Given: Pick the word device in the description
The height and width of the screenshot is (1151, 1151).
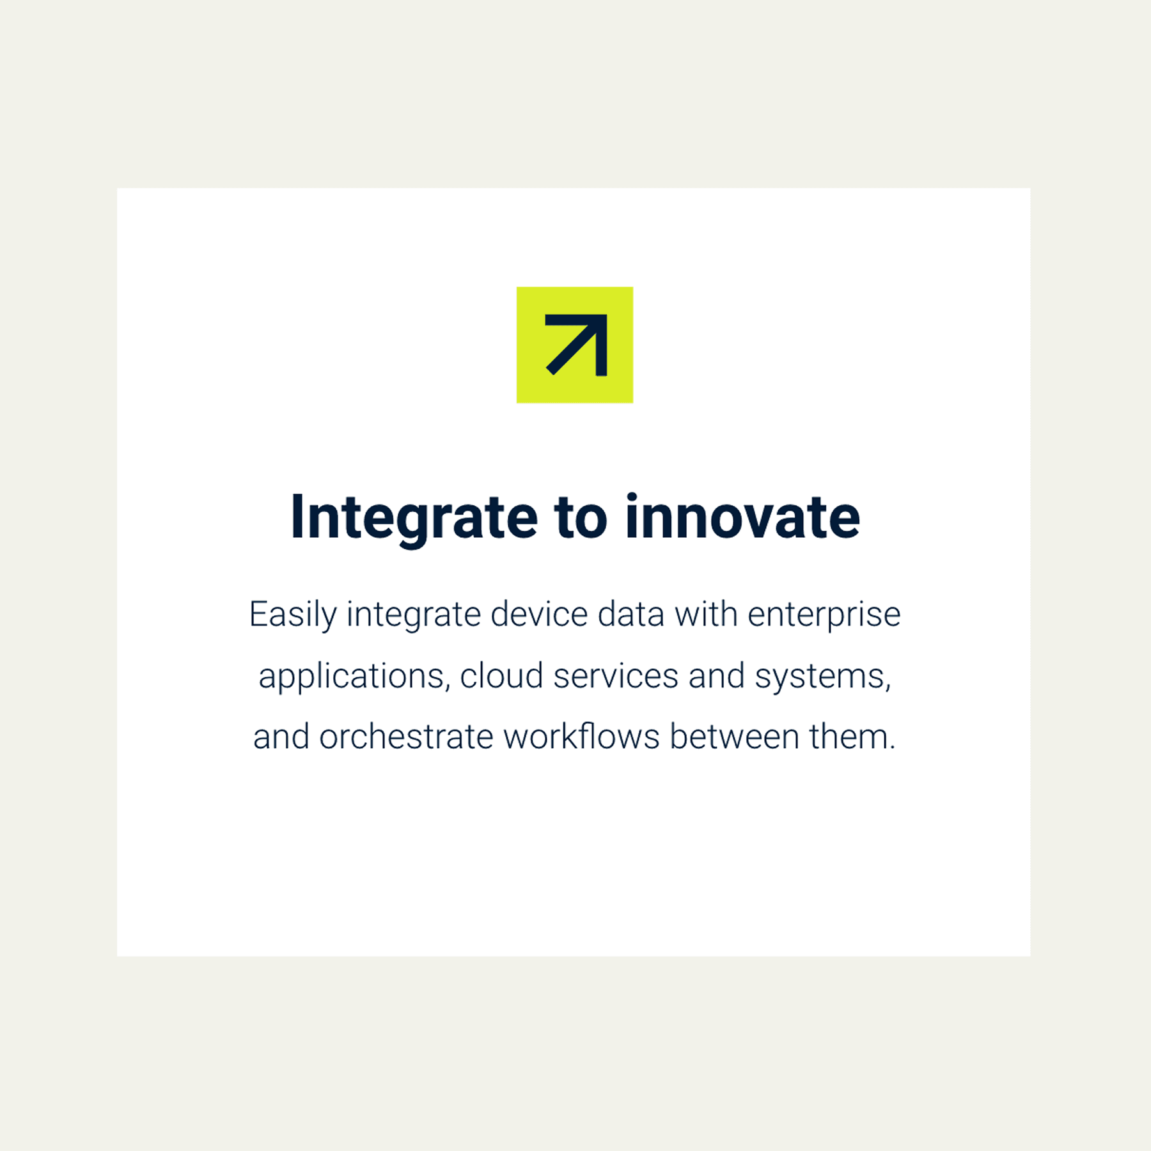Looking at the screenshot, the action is coord(539,615).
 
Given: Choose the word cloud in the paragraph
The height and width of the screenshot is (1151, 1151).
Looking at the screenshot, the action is coord(501,676).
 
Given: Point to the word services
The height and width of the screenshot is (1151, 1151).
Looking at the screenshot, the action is coord(616,676).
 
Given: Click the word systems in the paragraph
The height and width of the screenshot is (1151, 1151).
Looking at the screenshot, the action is coord(823,677).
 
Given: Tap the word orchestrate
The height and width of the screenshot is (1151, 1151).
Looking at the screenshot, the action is coord(406,737).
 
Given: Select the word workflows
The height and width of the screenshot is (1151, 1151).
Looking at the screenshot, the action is coord(581,737).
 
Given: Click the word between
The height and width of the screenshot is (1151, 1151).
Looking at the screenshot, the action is coord(735,737).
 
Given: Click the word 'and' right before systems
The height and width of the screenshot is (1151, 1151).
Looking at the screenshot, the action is coord(717,676).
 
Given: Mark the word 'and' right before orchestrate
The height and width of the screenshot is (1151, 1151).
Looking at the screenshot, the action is coord(281,737).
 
